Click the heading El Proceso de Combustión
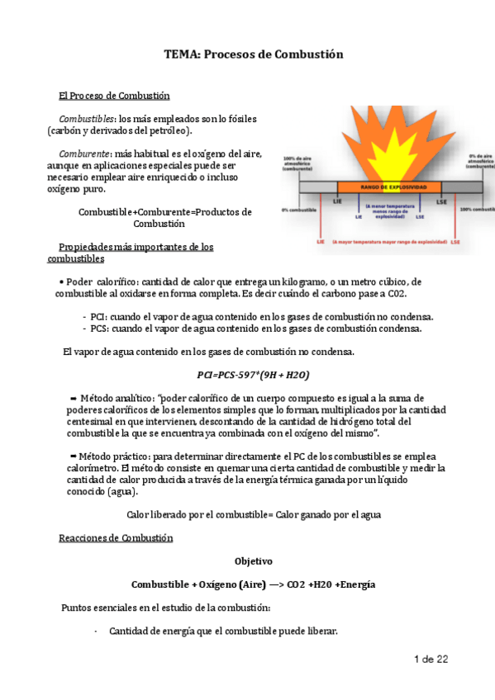(x=114, y=95)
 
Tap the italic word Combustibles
(x=86, y=117)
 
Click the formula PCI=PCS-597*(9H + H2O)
(x=249, y=375)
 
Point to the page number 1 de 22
(x=431, y=659)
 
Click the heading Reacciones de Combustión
(x=116, y=538)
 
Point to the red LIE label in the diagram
(x=321, y=243)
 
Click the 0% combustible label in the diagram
(x=301, y=210)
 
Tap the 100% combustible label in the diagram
(x=477, y=210)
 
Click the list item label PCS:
(x=102, y=329)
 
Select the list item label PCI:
(x=101, y=317)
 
